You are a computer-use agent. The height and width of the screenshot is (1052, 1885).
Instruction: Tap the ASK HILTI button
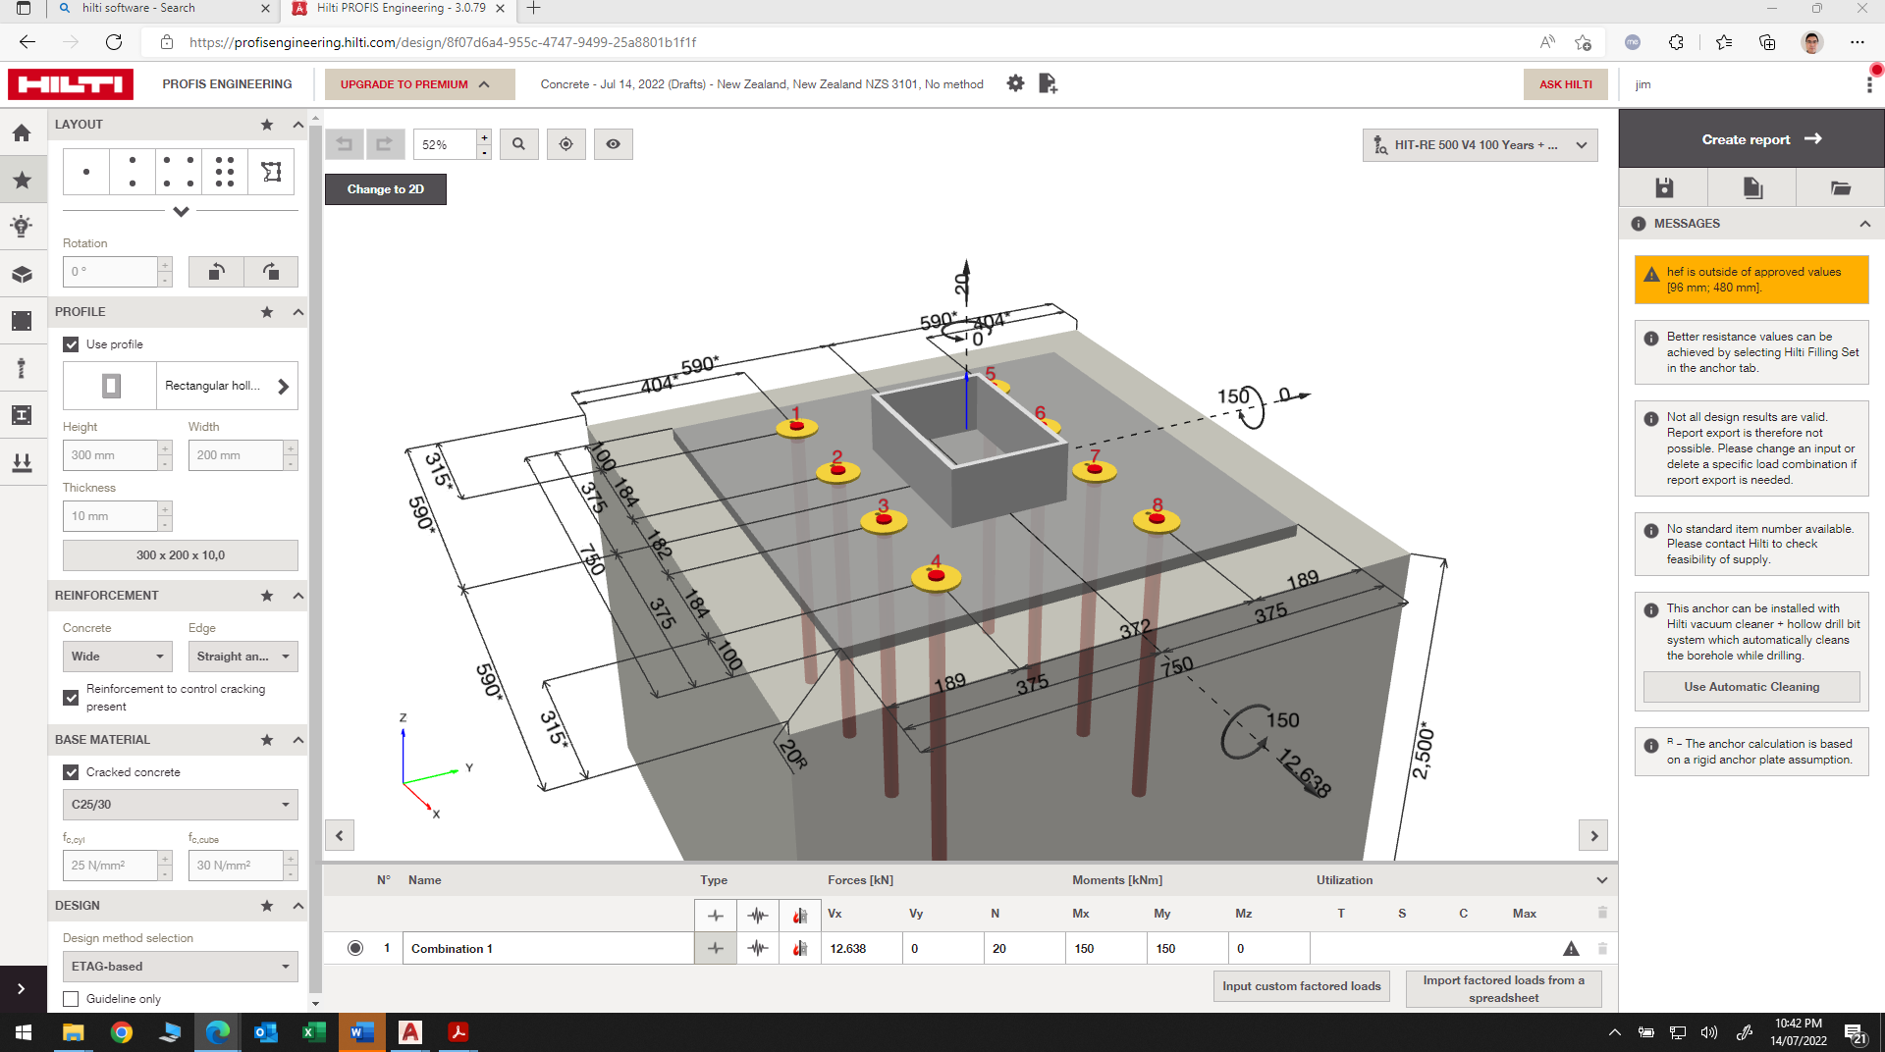click(1565, 84)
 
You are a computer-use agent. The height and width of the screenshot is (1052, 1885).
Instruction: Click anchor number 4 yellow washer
click(936, 577)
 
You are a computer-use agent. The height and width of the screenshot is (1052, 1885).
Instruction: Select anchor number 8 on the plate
click(1157, 519)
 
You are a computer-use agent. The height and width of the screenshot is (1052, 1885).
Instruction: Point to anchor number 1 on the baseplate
click(796, 427)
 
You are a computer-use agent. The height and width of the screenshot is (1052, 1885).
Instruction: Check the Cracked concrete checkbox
click(71, 772)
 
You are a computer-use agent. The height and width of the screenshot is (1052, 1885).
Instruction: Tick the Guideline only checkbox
click(71, 999)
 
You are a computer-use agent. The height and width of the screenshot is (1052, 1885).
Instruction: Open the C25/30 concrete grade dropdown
click(180, 805)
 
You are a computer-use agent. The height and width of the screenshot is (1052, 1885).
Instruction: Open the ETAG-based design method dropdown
click(180, 967)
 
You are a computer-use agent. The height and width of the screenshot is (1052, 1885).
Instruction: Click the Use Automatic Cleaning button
click(1750, 687)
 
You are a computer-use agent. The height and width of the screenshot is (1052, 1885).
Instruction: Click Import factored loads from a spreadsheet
click(1503, 988)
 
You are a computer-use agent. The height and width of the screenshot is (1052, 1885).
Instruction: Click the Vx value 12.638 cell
click(862, 949)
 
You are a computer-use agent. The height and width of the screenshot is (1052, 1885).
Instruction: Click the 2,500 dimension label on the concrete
click(1423, 753)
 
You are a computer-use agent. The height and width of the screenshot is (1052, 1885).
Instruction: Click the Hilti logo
click(71, 84)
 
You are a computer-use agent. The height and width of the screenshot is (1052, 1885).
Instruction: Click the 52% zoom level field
click(445, 144)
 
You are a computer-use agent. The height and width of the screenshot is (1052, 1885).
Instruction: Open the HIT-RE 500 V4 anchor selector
click(1480, 145)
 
